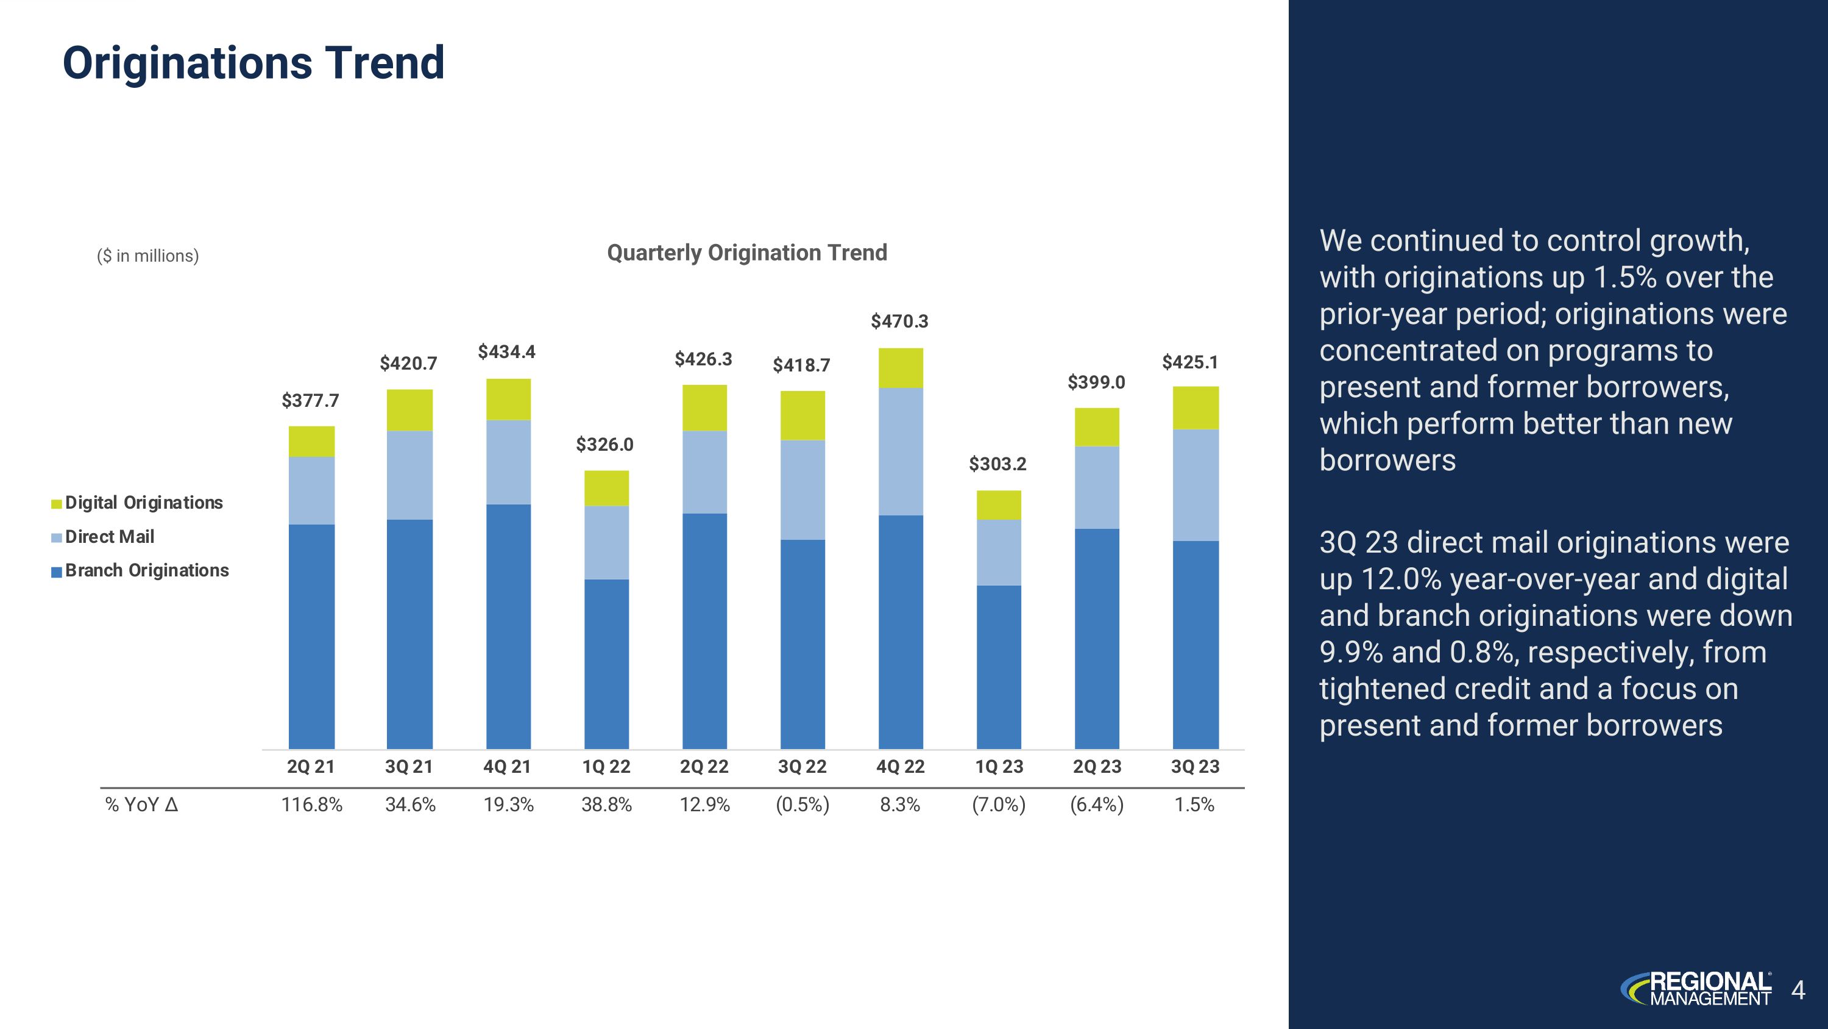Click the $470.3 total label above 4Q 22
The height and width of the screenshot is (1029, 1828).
click(899, 321)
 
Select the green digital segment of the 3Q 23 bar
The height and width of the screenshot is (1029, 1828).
click(1195, 407)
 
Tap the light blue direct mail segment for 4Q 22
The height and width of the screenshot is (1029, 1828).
click(901, 451)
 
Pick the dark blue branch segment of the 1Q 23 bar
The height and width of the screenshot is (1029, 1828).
click(999, 667)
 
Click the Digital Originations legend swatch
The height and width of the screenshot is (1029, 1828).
click(57, 504)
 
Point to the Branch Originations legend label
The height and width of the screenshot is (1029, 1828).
click(147, 571)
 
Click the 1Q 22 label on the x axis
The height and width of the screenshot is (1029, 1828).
click(606, 767)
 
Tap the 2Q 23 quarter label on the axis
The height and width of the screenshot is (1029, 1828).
click(1096, 767)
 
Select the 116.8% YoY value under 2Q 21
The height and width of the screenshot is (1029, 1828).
click(311, 805)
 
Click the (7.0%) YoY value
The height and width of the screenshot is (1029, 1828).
click(999, 805)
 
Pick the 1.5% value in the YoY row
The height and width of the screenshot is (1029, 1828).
click(1194, 805)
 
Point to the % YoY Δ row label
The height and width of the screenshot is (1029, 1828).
click(141, 805)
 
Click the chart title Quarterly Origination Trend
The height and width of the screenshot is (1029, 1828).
click(746, 253)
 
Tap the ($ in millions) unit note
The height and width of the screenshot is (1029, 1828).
click(147, 256)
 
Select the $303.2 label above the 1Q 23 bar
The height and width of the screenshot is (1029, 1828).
click(997, 464)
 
